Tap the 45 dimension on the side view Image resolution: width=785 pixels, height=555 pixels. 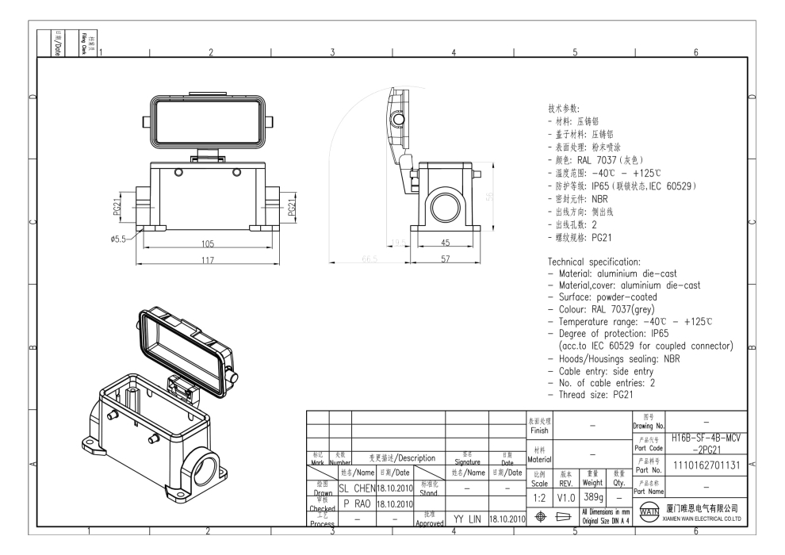445,243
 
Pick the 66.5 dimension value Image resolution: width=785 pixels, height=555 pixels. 369,258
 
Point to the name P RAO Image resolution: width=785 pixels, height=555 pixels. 356,503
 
